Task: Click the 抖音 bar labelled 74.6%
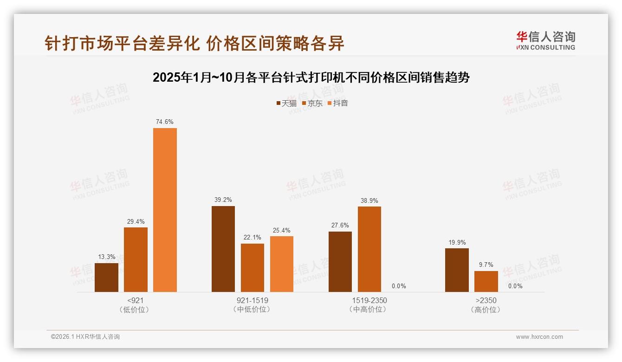pyautogui.click(x=165, y=210)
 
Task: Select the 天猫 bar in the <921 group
pyautogui.click(x=106, y=278)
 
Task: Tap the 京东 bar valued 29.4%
pyautogui.click(x=136, y=259)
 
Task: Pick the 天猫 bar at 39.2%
pyautogui.click(x=223, y=249)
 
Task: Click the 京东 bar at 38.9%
pyautogui.click(x=369, y=249)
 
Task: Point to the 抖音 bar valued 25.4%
pyautogui.click(x=282, y=264)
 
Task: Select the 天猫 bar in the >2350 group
pyautogui.click(x=457, y=270)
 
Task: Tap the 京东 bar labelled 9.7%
pyautogui.click(x=486, y=281)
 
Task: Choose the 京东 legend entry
pyautogui.click(x=312, y=103)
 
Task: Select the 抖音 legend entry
pyautogui.click(x=337, y=103)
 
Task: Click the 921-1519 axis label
pyautogui.click(x=252, y=300)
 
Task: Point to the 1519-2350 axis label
pyautogui.click(x=369, y=300)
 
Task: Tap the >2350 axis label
pyautogui.click(x=486, y=300)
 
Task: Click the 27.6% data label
pyautogui.click(x=340, y=226)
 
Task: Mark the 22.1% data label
pyautogui.click(x=253, y=238)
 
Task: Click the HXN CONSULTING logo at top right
pyautogui.click(x=545, y=41)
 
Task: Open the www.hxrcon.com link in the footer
pyautogui.click(x=539, y=337)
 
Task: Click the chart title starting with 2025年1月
pyautogui.click(x=311, y=78)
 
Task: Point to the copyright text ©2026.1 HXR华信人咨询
pyautogui.click(x=85, y=337)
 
